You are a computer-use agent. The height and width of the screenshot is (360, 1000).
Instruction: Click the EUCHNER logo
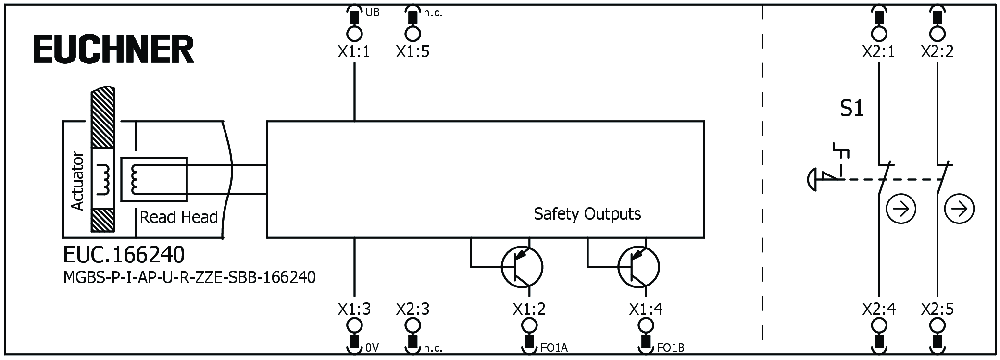113,50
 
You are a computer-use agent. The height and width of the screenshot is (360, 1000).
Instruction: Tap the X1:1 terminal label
354,51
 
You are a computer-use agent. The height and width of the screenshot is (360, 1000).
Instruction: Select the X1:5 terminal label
412,51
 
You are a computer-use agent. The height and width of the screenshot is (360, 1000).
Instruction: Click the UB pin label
372,12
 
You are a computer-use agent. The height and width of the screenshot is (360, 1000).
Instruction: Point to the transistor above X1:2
522,267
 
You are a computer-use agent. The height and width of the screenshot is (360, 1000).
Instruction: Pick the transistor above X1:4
638,267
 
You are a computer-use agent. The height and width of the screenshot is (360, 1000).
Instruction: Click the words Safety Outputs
587,214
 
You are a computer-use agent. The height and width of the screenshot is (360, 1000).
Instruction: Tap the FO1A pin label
554,348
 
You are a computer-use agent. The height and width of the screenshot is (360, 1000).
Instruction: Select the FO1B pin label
671,348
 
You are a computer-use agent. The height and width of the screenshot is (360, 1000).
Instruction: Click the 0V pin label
372,348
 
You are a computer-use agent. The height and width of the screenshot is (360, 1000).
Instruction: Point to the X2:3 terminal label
412,309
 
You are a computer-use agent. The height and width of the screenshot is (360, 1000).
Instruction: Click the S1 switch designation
852,109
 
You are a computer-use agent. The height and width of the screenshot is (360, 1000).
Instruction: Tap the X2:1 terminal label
879,51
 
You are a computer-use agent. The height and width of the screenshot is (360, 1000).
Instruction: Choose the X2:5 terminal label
937,309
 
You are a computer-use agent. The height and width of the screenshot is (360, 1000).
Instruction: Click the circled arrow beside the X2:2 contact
959,209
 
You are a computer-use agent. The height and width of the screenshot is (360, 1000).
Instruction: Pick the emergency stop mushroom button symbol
812,179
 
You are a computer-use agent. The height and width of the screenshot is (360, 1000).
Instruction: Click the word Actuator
77,181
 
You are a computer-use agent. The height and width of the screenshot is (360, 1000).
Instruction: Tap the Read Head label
179,217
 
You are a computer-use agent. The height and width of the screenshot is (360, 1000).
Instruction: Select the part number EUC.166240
124,255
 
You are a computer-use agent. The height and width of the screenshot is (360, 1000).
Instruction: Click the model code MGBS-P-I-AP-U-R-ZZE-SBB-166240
189,278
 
